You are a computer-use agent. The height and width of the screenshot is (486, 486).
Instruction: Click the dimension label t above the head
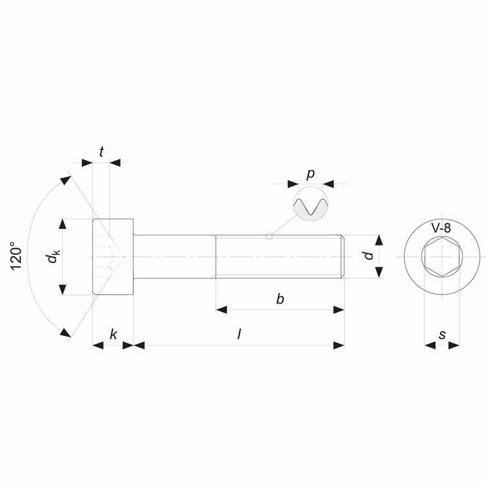click(102, 152)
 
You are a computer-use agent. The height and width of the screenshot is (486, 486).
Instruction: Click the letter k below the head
click(113, 334)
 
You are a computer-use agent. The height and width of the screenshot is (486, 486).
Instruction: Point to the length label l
click(239, 334)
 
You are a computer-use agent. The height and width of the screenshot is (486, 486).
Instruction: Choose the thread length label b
click(279, 299)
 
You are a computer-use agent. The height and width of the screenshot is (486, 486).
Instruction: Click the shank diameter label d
click(367, 256)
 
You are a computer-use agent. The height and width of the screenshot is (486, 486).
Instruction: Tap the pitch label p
click(311, 174)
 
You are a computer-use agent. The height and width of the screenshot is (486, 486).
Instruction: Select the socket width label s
click(442, 334)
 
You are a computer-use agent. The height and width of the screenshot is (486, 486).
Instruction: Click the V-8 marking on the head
click(442, 228)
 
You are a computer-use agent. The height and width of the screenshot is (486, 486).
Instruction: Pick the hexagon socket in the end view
click(442, 257)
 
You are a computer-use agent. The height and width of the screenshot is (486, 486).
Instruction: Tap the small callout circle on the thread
click(269, 237)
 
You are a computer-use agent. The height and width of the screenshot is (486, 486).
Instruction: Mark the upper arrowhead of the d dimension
click(379, 241)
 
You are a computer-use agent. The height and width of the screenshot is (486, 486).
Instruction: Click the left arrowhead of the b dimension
click(222, 310)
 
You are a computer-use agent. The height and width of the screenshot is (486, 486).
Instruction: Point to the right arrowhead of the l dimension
click(338, 345)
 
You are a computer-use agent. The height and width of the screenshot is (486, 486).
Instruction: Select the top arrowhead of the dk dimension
click(63, 224)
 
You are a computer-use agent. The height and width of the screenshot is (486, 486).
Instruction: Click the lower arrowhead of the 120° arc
click(65, 332)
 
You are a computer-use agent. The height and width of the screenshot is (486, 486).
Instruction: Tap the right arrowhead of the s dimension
click(453, 345)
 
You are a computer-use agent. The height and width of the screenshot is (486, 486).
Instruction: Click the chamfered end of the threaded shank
click(343, 256)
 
